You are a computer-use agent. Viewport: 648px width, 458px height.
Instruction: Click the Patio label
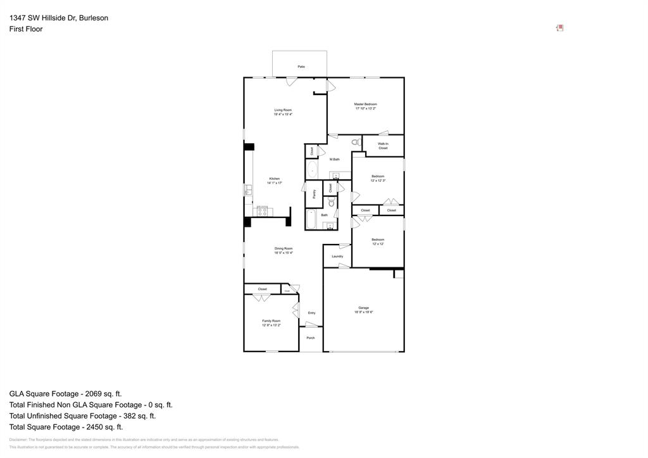[301, 67]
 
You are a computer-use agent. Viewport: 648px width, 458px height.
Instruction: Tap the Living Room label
[283, 112]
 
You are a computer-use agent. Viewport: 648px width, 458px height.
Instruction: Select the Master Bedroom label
[366, 106]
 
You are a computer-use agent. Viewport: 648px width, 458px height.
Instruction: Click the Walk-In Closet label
[383, 146]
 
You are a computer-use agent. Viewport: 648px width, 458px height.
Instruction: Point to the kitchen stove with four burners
[262, 211]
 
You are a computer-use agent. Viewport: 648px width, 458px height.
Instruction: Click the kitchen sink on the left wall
[248, 189]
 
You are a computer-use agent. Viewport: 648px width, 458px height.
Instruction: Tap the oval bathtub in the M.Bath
[312, 170]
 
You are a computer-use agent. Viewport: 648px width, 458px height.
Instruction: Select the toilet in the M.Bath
[355, 143]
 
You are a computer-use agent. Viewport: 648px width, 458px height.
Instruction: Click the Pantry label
[314, 194]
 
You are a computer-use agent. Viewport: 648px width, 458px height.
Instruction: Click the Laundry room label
[337, 257]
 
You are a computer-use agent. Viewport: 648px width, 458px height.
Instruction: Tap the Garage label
[363, 310]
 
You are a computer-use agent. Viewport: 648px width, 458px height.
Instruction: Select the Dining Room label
[283, 250]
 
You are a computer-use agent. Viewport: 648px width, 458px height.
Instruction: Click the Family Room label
[271, 322]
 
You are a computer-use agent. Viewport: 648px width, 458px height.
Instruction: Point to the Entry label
[311, 313]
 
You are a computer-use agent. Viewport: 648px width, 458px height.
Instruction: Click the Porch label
[311, 338]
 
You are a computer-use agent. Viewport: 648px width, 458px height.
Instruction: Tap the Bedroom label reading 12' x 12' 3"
[378, 178]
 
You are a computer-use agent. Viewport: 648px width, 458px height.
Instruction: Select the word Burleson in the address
[94, 18]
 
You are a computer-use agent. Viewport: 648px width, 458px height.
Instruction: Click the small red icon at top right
[559, 28]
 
